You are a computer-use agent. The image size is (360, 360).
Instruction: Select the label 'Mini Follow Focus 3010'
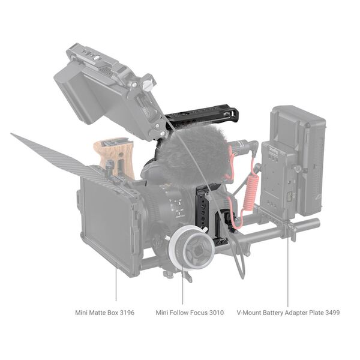pos(189,313)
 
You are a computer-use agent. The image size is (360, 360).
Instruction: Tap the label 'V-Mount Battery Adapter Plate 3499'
pos(288,313)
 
